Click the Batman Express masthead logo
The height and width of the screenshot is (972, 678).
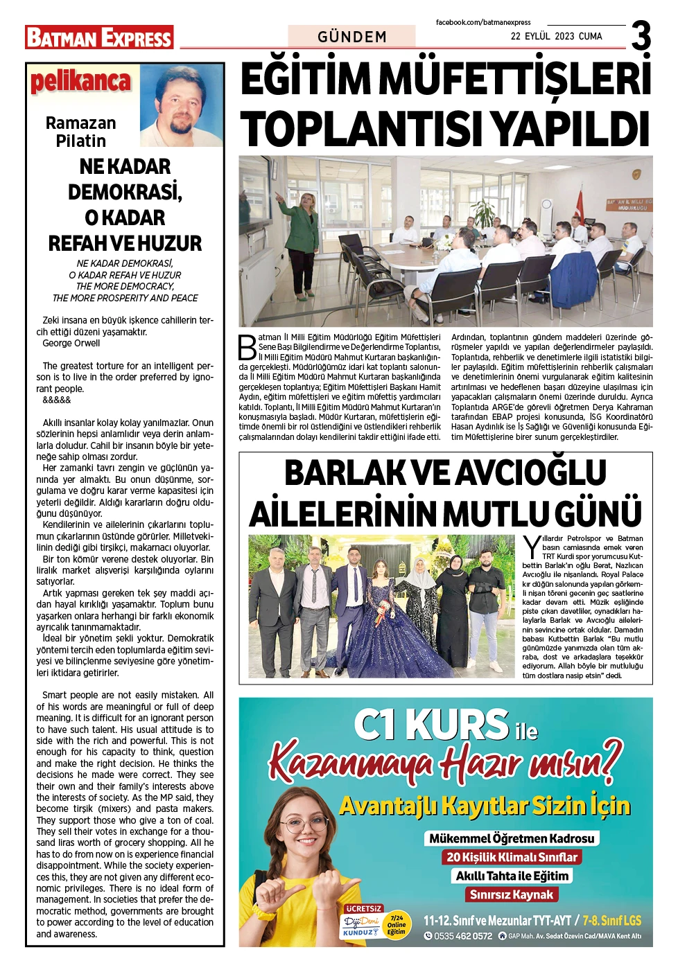click(99, 37)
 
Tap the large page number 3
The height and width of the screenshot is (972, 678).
click(641, 36)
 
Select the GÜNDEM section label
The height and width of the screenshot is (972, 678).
click(352, 37)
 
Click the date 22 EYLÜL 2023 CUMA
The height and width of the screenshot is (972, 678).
click(556, 36)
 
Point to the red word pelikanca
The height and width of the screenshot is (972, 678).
click(80, 82)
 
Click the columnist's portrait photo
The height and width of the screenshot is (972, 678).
click(182, 105)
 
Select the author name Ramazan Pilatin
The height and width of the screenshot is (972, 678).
click(80, 132)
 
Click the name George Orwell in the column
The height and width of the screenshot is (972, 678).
click(71, 343)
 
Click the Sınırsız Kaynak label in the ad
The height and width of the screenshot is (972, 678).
click(512, 894)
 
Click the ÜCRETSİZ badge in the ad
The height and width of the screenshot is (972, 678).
click(363, 908)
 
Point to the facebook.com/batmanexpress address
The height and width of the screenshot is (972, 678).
click(483, 22)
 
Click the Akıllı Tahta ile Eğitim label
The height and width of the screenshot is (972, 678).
click(512, 876)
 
